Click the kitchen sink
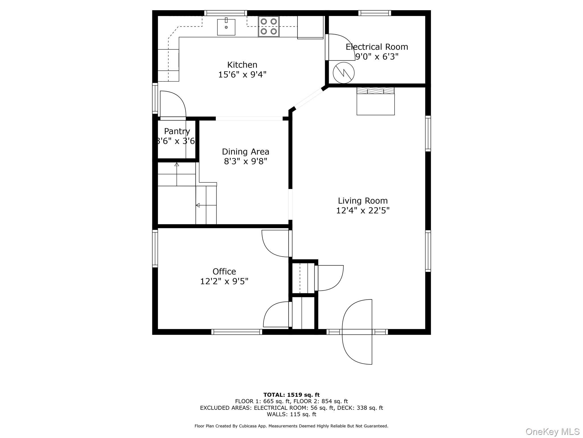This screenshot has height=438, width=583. tap(226, 27)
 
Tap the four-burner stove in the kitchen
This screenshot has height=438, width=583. tap(269, 27)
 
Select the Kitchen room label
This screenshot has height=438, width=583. tap(242, 65)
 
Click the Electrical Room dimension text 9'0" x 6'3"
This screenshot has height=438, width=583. tap(377, 56)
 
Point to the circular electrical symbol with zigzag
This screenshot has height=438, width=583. tap(344, 73)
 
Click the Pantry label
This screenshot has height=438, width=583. tap(177, 131)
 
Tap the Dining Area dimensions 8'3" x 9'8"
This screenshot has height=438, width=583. tap(245, 161)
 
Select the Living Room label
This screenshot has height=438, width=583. tap(363, 201)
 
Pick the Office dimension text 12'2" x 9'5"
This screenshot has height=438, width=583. tap(224, 281)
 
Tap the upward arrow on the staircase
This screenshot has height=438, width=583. tap(176, 165)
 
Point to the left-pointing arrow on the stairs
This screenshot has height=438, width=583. tap(198, 205)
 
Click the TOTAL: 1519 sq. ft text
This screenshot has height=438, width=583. tap(291, 395)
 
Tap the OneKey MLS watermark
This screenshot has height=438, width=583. tap(553, 431)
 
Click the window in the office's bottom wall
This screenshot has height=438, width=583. tap(237, 332)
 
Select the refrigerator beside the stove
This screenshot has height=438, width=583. tap(310, 27)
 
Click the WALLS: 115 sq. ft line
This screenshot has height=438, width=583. tap(291, 414)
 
